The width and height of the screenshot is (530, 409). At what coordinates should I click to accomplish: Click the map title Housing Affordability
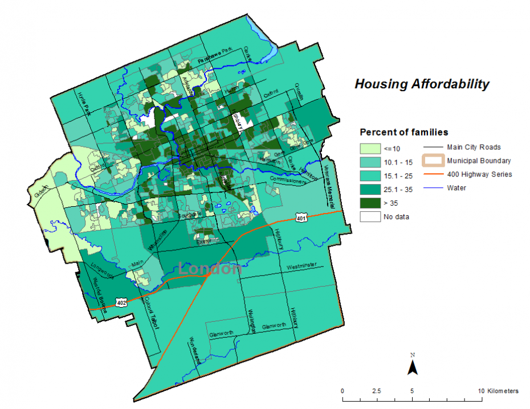coord(422,84)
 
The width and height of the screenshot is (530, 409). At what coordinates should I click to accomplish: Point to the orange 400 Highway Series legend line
coord(432,174)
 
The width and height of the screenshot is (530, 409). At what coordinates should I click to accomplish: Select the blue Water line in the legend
coord(432,187)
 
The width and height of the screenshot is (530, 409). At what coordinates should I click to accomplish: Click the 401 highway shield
coord(301,218)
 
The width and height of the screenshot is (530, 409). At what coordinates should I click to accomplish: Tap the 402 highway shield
coord(121,302)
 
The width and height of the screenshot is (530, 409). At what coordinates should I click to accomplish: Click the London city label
coord(210,268)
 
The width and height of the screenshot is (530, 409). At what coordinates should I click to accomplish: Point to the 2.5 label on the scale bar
coord(376,391)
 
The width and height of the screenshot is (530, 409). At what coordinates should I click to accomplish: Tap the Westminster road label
coord(302,267)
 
